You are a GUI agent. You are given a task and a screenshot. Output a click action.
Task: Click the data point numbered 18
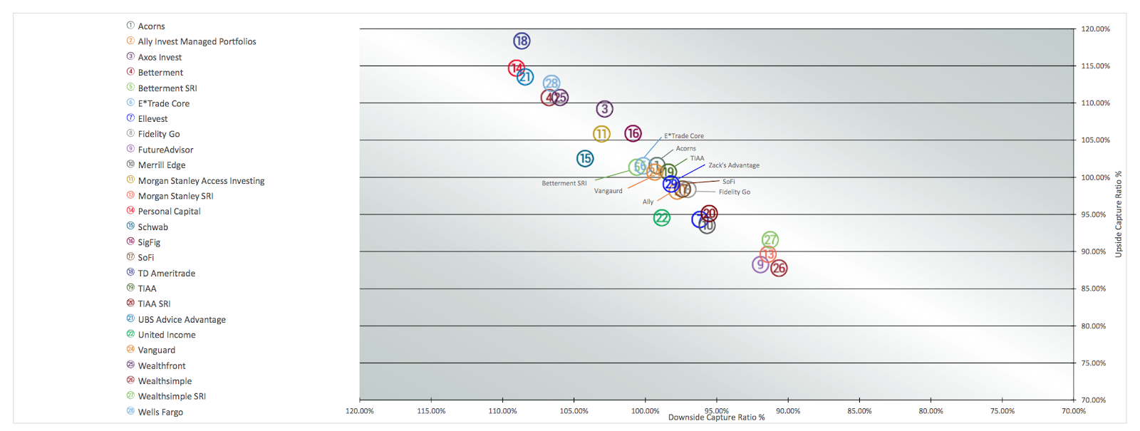[522, 41]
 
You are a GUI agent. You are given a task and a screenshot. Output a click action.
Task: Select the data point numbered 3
[604, 109]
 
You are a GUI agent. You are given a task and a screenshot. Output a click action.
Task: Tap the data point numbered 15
[585, 158]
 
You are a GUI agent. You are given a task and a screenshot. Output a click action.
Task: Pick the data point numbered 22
[662, 218]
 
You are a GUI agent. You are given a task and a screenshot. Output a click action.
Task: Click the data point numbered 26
[779, 269]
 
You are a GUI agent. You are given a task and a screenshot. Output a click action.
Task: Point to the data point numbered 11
[601, 134]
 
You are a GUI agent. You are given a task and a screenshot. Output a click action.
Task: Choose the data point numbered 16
[633, 133]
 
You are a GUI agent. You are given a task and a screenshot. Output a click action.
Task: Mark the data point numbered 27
[769, 240]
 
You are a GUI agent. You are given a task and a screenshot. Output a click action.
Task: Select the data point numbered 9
[760, 265]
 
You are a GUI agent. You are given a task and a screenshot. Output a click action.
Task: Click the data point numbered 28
[551, 83]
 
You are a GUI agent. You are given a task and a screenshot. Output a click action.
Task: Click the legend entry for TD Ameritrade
[166, 274]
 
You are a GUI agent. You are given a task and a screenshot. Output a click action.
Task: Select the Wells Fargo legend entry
[160, 412]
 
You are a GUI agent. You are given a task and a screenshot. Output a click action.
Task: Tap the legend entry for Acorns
[151, 26]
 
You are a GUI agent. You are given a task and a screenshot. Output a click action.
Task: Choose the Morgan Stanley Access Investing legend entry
[201, 181]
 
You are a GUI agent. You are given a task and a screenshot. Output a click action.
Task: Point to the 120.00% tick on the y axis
[1095, 29]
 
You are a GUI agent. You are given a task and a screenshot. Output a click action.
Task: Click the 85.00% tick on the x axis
[859, 411]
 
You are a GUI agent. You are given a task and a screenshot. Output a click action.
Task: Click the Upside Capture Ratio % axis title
[1119, 214]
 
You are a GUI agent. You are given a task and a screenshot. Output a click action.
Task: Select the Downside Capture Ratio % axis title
[716, 418]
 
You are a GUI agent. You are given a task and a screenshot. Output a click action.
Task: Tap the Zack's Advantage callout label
[733, 165]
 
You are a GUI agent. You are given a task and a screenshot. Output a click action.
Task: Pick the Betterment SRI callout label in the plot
[564, 184]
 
